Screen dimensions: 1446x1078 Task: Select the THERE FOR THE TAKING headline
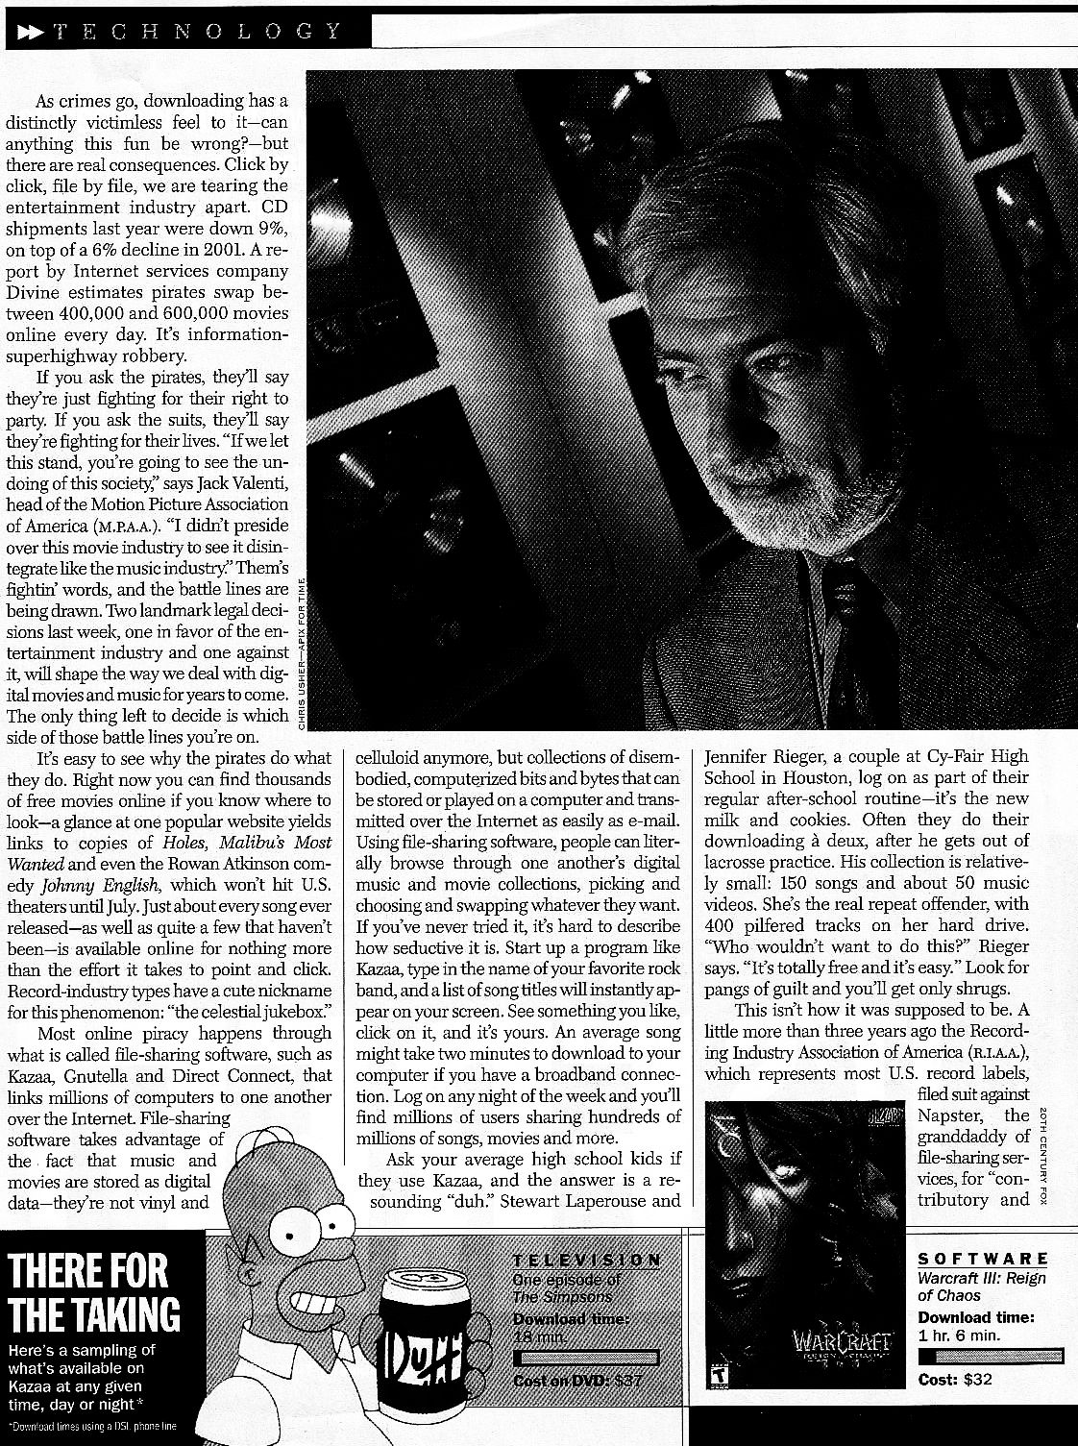pos(92,1291)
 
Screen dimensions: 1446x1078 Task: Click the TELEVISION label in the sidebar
pos(586,1261)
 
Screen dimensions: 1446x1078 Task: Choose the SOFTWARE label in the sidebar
pos(982,1259)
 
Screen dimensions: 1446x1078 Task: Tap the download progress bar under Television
pos(586,1359)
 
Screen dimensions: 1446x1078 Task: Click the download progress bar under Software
pos(990,1356)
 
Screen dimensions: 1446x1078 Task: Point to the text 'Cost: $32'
pos(955,1380)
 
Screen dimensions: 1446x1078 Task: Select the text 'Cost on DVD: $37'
pos(577,1382)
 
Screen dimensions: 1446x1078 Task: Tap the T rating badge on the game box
pos(716,1375)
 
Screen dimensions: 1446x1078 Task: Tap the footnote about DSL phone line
pos(91,1426)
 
